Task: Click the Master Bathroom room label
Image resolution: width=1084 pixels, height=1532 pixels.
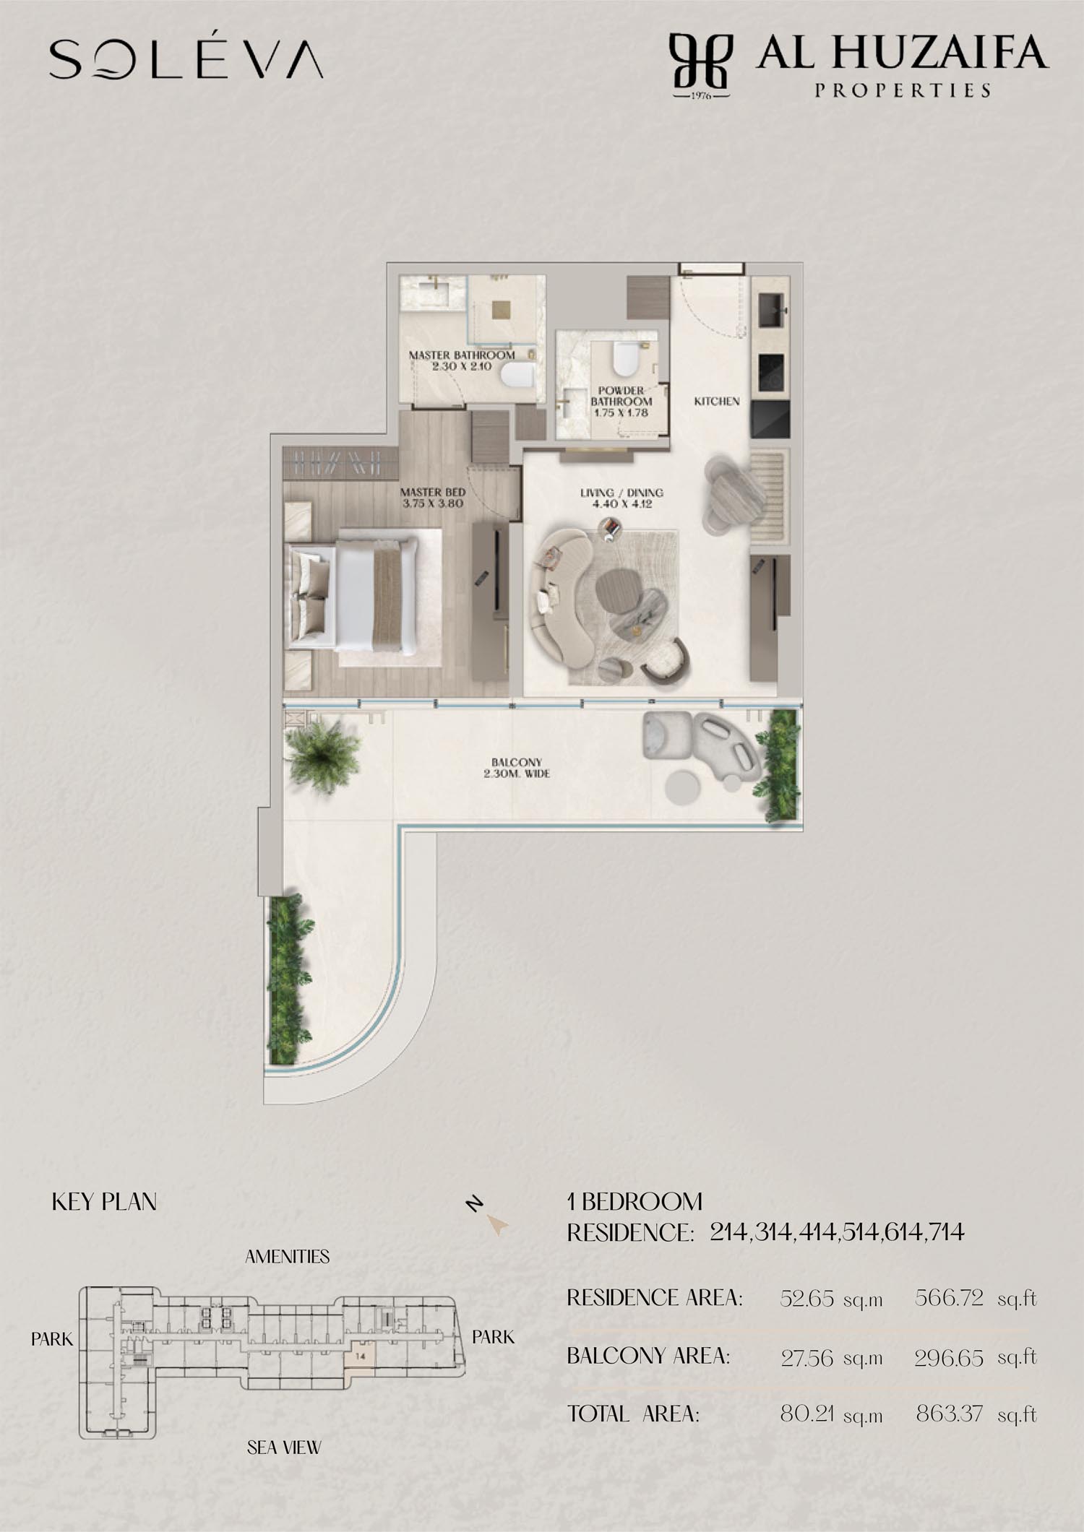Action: tap(462, 355)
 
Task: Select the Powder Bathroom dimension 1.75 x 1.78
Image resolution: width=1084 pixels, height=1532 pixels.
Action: tap(621, 413)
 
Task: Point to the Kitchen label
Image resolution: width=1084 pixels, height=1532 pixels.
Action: tap(717, 401)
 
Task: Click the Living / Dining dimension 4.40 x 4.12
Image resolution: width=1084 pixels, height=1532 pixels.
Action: tap(621, 504)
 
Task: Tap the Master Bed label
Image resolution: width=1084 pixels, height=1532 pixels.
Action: tap(433, 492)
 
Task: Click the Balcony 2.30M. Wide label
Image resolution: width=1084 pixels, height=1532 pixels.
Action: tap(517, 768)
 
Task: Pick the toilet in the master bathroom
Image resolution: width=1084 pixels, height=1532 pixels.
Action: tap(518, 375)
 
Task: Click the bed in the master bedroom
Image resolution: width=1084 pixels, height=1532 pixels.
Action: tap(353, 594)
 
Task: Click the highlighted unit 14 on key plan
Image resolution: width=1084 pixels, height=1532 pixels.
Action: tap(361, 1356)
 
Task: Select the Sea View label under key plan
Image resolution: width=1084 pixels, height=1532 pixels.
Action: tap(284, 1447)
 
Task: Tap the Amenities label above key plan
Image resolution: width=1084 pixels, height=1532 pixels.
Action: tap(287, 1257)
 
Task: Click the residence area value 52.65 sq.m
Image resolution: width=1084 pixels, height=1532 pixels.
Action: tap(831, 1299)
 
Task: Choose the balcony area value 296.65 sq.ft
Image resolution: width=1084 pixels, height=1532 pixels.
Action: tap(976, 1358)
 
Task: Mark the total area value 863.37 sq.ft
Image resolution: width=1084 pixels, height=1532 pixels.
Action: tap(976, 1414)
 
